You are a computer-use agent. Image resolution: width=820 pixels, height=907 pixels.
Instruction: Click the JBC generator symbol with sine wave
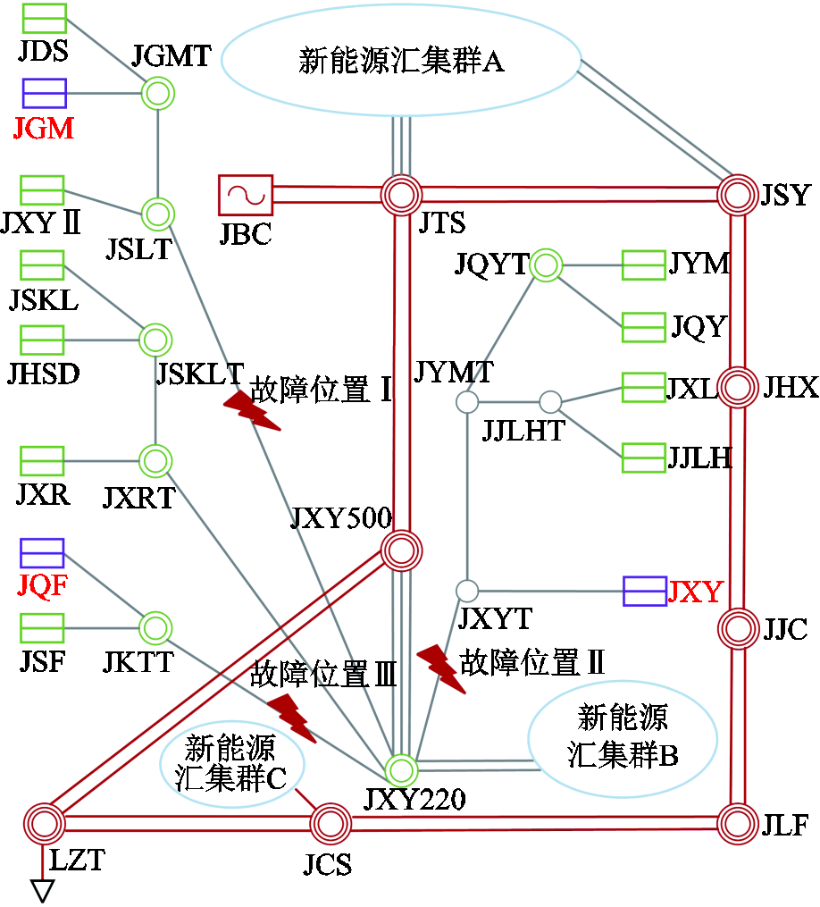(245, 195)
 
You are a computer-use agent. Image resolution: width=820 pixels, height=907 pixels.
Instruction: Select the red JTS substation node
(401, 195)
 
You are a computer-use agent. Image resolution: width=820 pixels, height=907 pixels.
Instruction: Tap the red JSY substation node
(740, 194)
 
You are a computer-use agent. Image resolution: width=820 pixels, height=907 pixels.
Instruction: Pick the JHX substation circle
(739, 387)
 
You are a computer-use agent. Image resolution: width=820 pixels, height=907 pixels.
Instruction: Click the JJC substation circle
(739, 628)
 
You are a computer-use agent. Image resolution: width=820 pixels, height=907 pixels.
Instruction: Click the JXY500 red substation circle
(401, 551)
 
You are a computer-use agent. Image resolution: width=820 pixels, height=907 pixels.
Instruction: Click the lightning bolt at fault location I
(251, 411)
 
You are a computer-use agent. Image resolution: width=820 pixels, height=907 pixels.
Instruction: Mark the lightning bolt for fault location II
(442, 668)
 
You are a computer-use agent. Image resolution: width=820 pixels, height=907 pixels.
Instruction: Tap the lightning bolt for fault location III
(292, 717)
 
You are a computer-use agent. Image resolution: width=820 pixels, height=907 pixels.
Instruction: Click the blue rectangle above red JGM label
(44, 93)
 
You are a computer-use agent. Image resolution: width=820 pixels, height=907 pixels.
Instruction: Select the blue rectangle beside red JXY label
(644, 592)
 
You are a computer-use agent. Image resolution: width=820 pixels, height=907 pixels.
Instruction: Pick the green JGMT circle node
(158, 93)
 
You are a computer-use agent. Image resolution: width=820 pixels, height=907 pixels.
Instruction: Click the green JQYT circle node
(545, 265)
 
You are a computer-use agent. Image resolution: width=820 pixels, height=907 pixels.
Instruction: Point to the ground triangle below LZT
(43, 890)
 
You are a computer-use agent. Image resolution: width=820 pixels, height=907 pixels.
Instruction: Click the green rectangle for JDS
(44, 18)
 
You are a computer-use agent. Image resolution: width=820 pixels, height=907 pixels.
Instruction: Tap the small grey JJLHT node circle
(550, 402)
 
